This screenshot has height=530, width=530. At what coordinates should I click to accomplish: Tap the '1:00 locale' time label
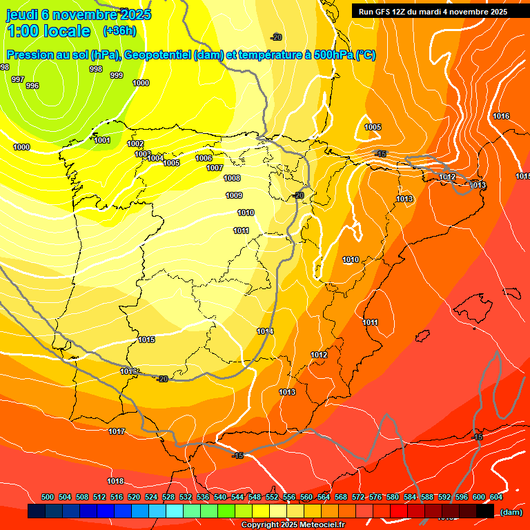click(x=49, y=31)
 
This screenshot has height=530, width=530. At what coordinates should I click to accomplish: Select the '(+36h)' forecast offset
click(x=119, y=31)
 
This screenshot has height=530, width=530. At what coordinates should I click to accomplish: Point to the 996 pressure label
click(x=32, y=86)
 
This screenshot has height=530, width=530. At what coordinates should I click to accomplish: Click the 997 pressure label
click(x=18, y=79)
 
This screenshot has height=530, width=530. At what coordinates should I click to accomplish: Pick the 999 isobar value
click(x=117, y=75)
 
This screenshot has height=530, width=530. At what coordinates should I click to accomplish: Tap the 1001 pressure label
click(x=102, y=140)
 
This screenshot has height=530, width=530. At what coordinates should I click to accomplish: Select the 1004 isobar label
click(x=155, y=158)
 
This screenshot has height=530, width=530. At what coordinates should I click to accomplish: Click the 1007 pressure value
click(x=215, y=168)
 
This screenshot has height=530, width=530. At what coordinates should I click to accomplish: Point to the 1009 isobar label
click(x=234, y=195)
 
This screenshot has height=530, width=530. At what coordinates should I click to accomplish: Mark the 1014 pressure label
click(x=265, y=332)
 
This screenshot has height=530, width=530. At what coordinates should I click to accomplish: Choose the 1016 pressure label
click(x=501, y=116)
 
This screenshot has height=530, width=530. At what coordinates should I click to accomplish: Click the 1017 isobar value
click(x=117, y=431)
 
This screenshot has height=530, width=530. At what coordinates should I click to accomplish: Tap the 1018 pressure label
click(x=115, y=481)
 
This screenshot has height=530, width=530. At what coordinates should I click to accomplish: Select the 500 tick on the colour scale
click(x=48, y=497)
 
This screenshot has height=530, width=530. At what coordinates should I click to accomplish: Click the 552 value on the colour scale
click(x=272, y=497)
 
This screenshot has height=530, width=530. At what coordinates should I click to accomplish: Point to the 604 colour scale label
click(x=495, y=497)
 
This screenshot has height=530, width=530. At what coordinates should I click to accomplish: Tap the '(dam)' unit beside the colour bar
click(x=511, y=512)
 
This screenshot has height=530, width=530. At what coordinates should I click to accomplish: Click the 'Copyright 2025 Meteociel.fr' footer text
click(x=293, y=524)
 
